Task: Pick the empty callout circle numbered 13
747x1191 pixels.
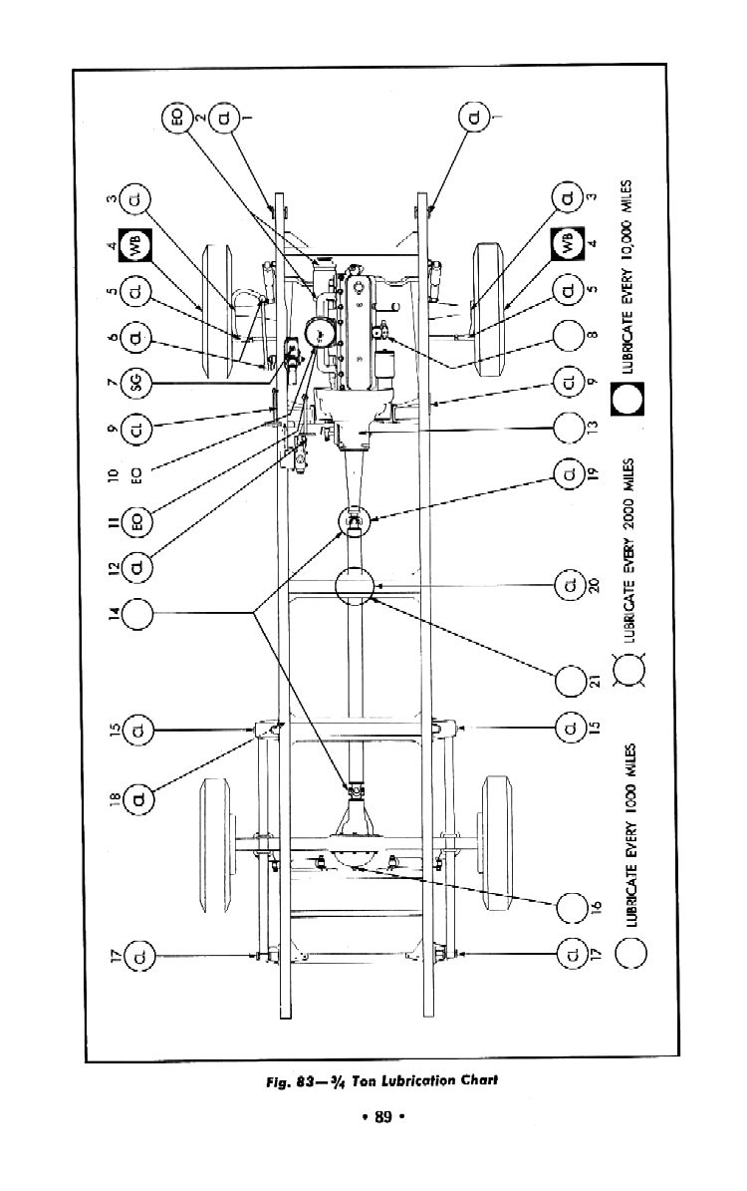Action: [x=569, y=429]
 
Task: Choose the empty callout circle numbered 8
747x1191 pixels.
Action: [x=569, y=336]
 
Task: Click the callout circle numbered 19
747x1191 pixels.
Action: [x=569, y=470]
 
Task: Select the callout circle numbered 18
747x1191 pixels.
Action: [x=137, y=797]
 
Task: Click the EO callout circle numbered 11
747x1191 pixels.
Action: [x=136, y=519]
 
